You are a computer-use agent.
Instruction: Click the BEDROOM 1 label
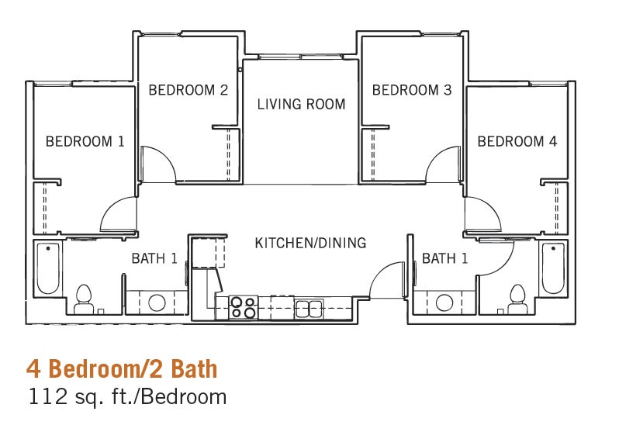(x=85, y=141)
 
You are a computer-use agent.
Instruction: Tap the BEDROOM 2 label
(x=188, y=90)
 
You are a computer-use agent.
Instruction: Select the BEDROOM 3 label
(x=411, y=90)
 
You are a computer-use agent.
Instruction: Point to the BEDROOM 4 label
(x=517, y=141)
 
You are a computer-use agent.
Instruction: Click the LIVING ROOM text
(x=301, y=104)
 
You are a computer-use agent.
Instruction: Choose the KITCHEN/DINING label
(x=310, y=243)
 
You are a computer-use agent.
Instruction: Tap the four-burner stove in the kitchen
(x=244, y=308)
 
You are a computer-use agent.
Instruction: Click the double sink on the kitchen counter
(x=307, y=308)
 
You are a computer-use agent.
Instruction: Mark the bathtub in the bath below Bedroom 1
(x=48, y=268)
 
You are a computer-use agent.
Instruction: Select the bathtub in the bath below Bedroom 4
(x=552, y=268)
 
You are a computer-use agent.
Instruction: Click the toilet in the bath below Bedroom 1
(x=83, y=298)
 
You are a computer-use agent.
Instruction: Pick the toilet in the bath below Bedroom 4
(x=517, y=298)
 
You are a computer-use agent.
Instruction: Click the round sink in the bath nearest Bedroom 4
(x=445, y=302)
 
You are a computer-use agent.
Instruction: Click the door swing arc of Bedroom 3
(x=442, y=161)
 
